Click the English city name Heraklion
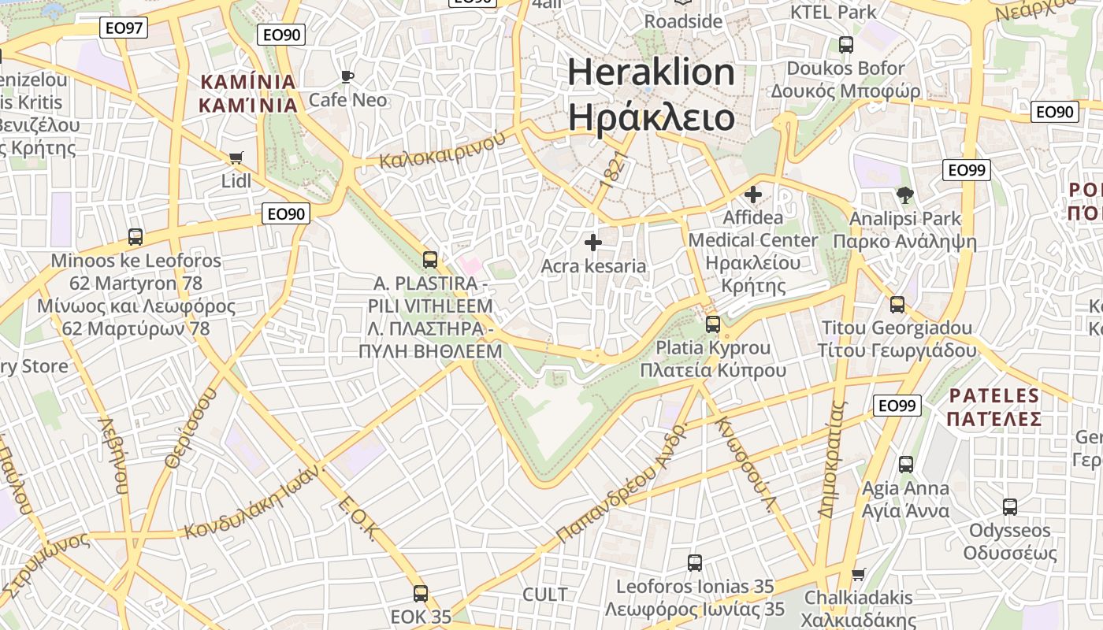click(x=651, y=72)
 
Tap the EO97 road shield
click(x=124, y=28)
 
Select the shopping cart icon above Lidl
click(x=236, y=158)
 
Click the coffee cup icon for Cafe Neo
click(x=347, y=76)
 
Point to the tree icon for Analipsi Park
click(x=904, y=195)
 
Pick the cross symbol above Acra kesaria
click(x=593, y=243)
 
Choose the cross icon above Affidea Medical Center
click(x=753, y=194)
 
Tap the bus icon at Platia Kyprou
click(x=713, y=324)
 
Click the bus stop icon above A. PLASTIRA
click(x=430, y=259)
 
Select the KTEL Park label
click(x=833, y=12)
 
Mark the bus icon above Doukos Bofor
click(x=846, y=45)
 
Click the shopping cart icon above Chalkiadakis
click(x=858, y=574)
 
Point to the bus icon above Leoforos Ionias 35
click(x=694, y=563)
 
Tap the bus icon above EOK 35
click(x=421, y=594)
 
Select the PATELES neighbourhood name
click(x=995, y=395)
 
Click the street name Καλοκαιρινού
click(x=442, y=150)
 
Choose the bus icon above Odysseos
click(x=1010, y=507)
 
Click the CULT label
click(x=544, y=594)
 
